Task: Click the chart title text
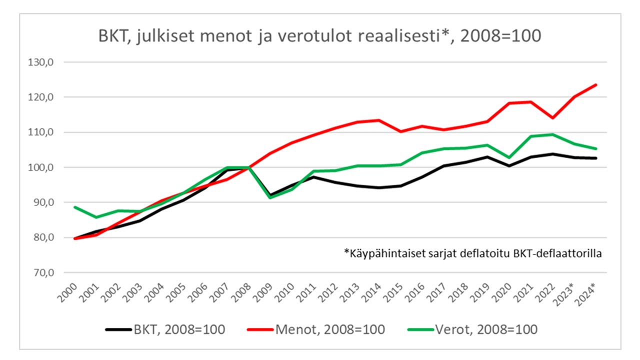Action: tap(319, 36)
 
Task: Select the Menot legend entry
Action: tap(316, 329)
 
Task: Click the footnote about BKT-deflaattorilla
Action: tap(472, 253)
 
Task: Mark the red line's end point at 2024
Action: tap(596, 85)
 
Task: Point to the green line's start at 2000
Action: tap(74, 207)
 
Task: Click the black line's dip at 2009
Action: tap(270, 195)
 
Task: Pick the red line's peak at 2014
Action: tap(379, 120)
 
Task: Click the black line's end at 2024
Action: tap(596, 158)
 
